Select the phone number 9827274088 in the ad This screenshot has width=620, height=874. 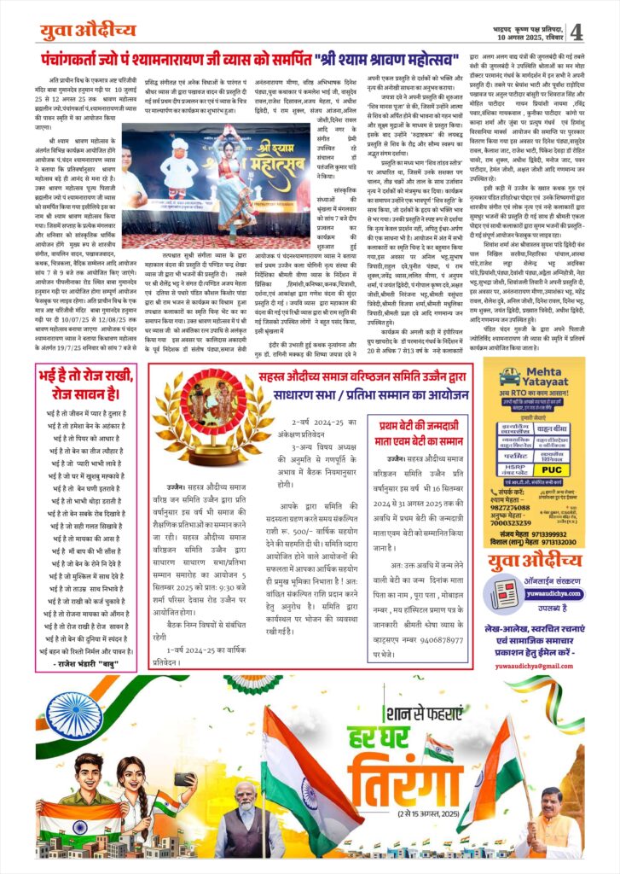pyautogui.click(x=513, y=529)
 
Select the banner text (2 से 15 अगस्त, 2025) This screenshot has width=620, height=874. pyautogui.click(x=403, y=807)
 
